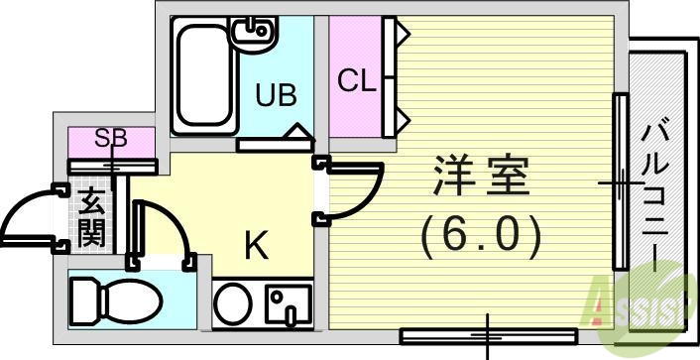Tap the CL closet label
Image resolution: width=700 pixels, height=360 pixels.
357,80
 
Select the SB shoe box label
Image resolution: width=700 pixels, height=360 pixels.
111,139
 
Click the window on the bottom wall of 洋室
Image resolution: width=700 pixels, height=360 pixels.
487,332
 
